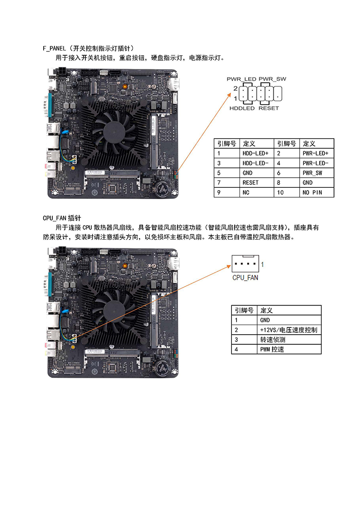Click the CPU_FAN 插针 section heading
pyautogui.click(x=62, y=217)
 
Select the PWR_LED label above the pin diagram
pyautogui.click(x=241, y=79)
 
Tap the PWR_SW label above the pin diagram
pyautogui.click(x=272, y=79)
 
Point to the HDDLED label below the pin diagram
pyautogui.click(x=242, y=109)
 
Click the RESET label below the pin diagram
pyautogui.click(x=268, y=109)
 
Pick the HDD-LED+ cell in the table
pyautogui.click(x=256, y=153)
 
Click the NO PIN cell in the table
pyautogui.click(x=312, y=193)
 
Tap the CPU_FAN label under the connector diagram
pyautogui.click(x=245, y=278)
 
